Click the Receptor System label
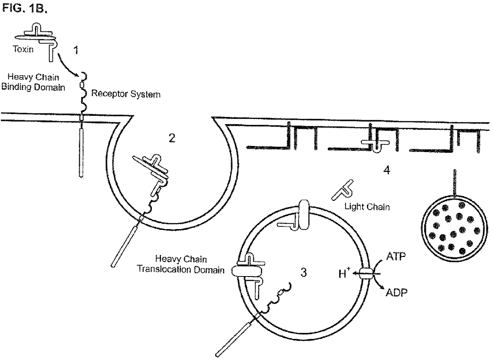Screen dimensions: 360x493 click(126, 95)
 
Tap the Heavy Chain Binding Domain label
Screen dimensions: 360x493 click(33, 83)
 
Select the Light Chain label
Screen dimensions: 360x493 click(367, 207)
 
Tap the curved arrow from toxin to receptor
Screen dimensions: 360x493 click(68, 65)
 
